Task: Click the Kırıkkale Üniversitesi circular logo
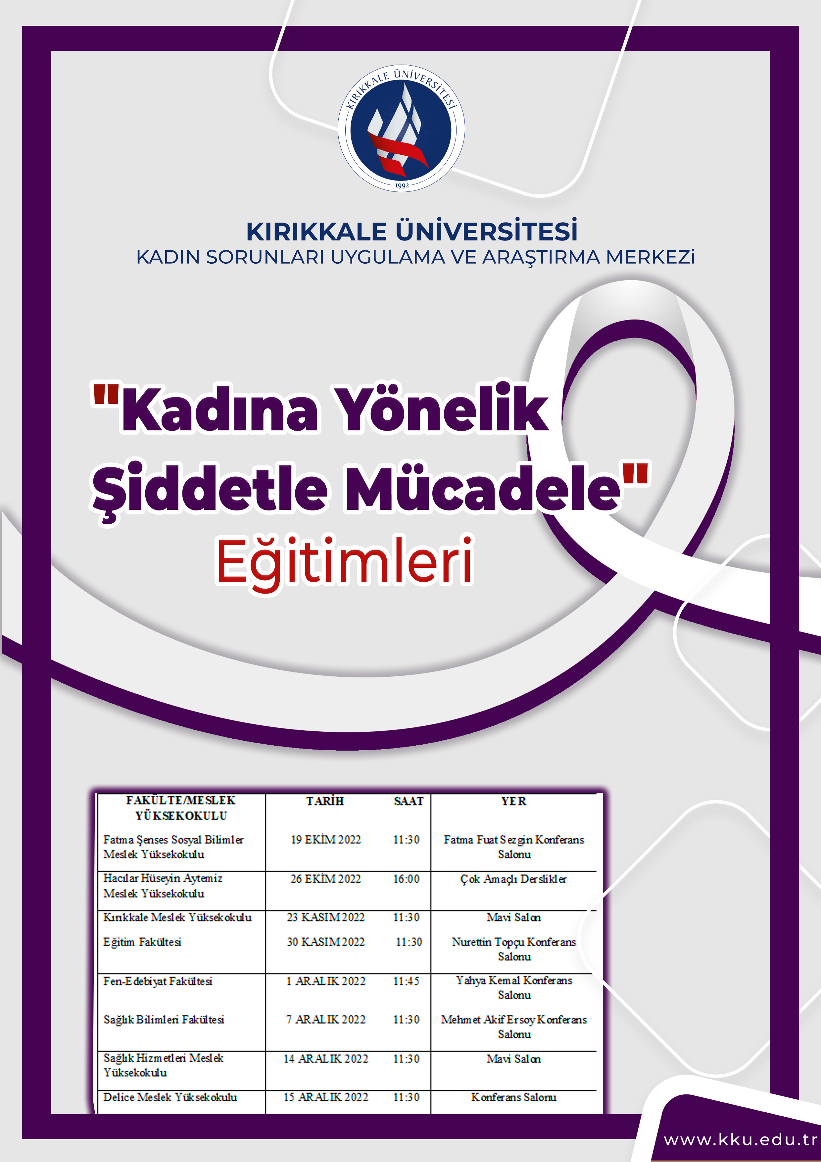click(x=401, y=128)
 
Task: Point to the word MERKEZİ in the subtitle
click(x=650, y=257)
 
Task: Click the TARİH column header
click(x=325, y=801)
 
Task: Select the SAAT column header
click(x=409, y=801)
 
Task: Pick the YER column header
click(x=514, y=801)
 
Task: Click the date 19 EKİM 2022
click(x=326, y=840)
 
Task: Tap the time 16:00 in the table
click(x=406, y=879)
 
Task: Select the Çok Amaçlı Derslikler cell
click(x=513, y=879)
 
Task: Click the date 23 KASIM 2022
click(x=326, y=918)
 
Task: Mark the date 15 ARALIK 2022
click(x=326, y=1097)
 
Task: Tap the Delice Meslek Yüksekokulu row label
click(x=170, y=1097)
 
